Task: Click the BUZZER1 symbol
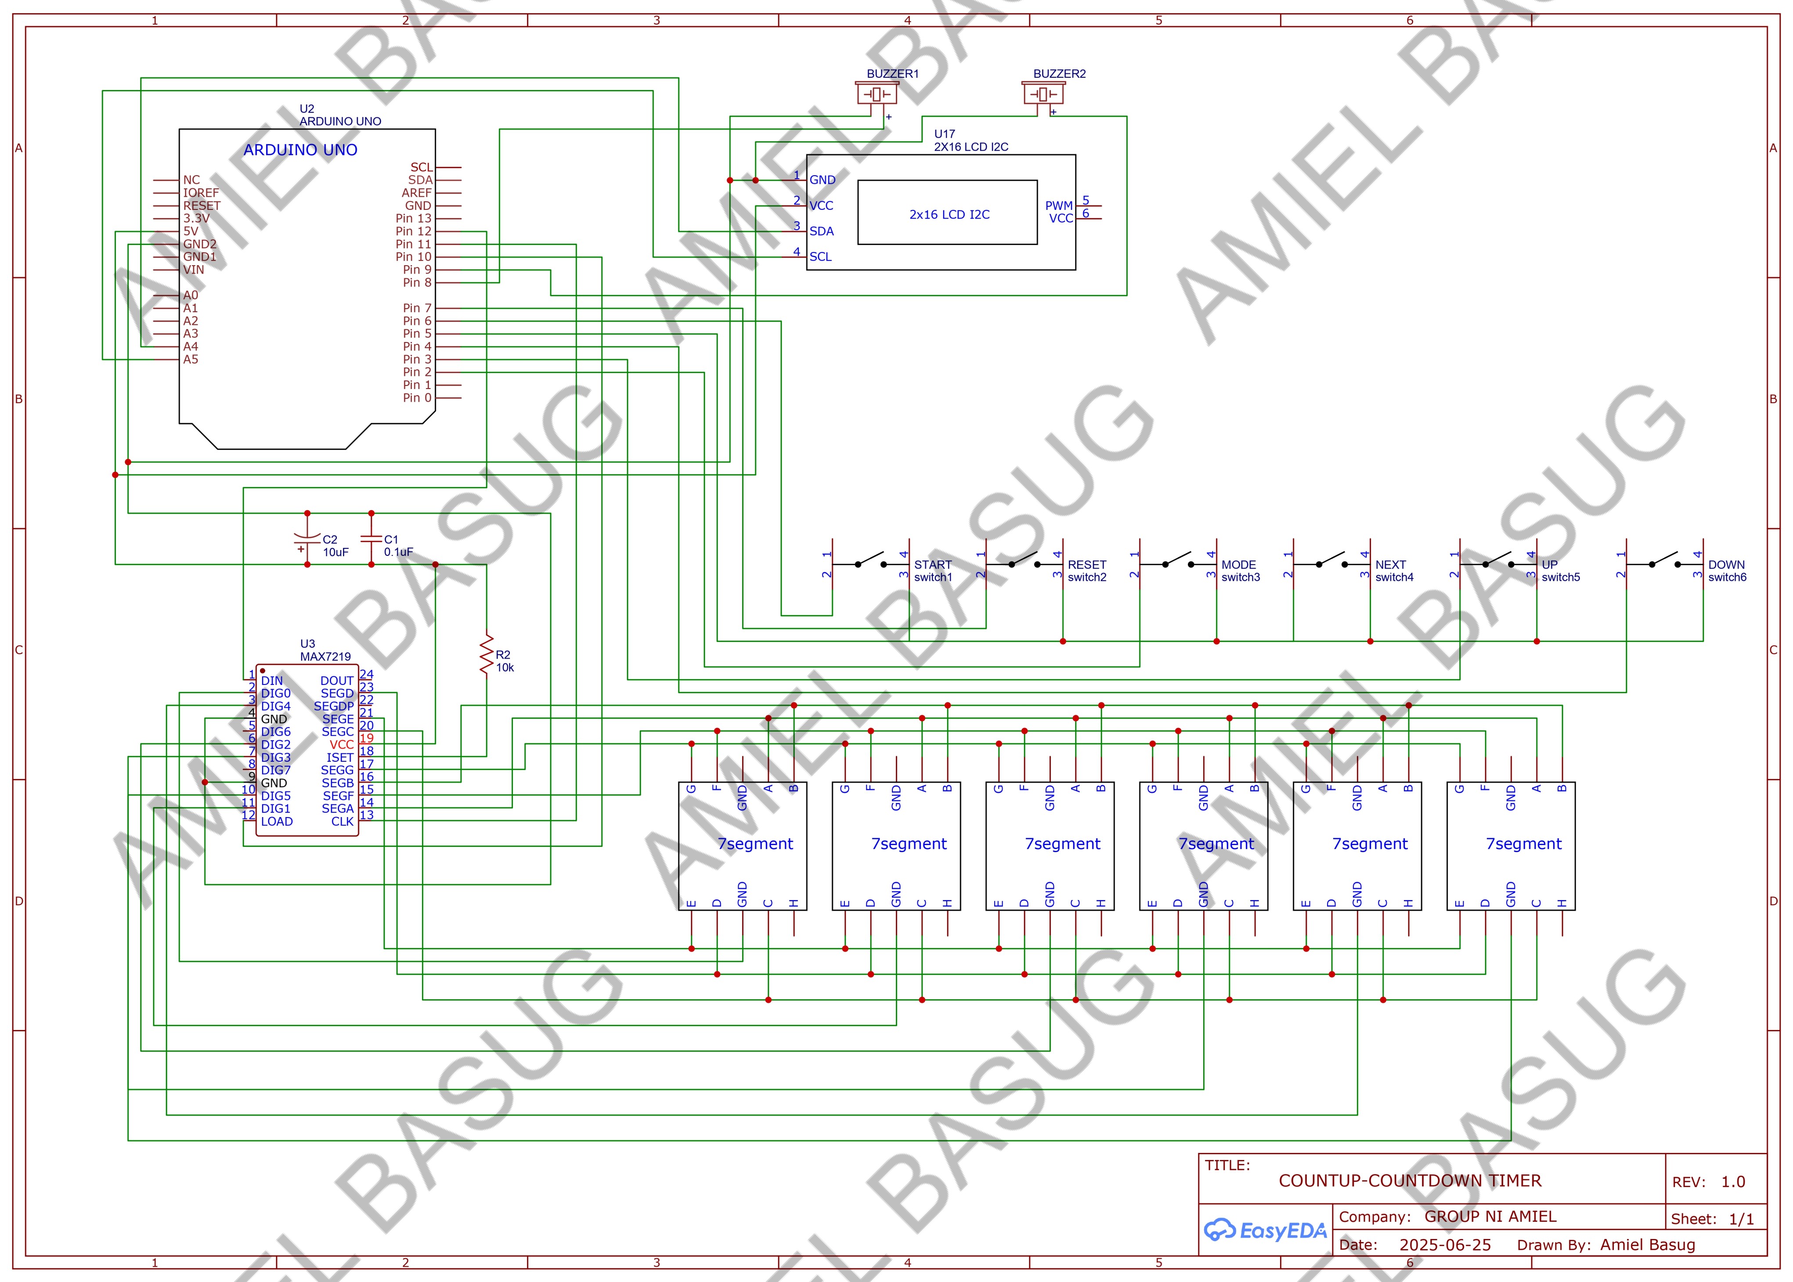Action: [877, 94]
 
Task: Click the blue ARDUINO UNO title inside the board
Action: [300, 150]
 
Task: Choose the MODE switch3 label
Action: [1240, 571]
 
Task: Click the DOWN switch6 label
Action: [1727, 571]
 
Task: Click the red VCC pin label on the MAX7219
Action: [342, 745]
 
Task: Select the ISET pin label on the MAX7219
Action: [340, 757]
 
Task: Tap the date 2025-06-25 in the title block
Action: [1445, 1245]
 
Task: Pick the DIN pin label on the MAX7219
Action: [271, 681]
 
